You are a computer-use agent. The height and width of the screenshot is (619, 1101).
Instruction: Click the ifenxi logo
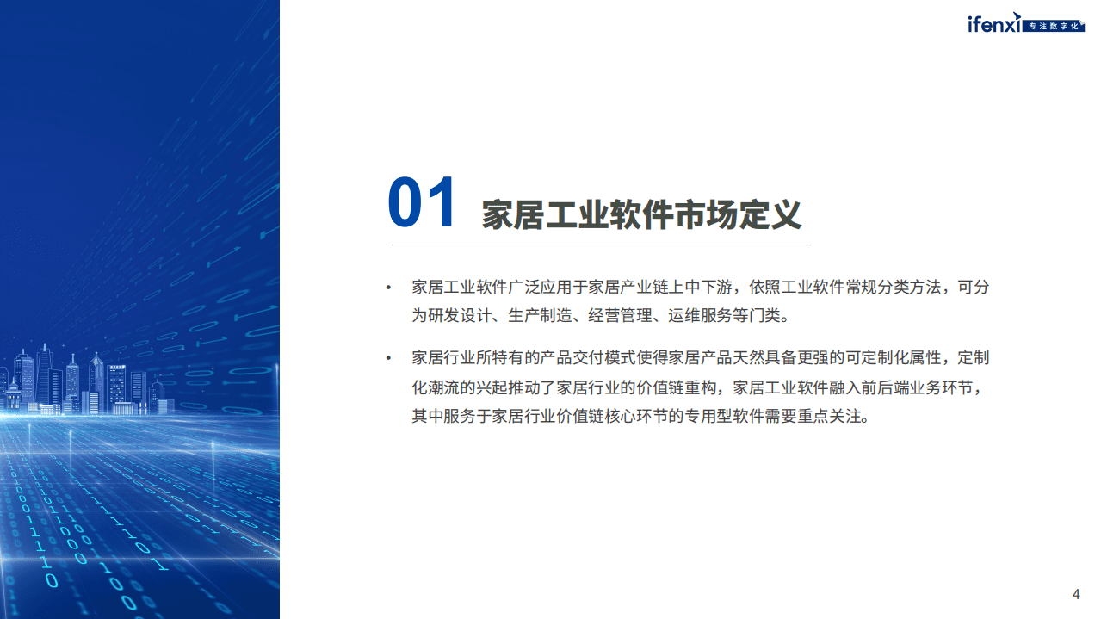tap(994, 25)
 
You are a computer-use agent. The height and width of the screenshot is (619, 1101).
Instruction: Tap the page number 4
tap(1076, 594)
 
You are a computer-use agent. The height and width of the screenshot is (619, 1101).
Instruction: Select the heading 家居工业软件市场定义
tap(641, 214)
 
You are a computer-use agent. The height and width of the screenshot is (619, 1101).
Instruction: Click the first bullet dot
tap(388, 288)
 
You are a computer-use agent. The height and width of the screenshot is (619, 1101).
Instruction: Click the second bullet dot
tap(388, 358)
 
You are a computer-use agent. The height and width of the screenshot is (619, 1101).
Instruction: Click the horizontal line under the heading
tap(602, 245)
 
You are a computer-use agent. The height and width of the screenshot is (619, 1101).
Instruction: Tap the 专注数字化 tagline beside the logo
tap(1055, 27)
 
